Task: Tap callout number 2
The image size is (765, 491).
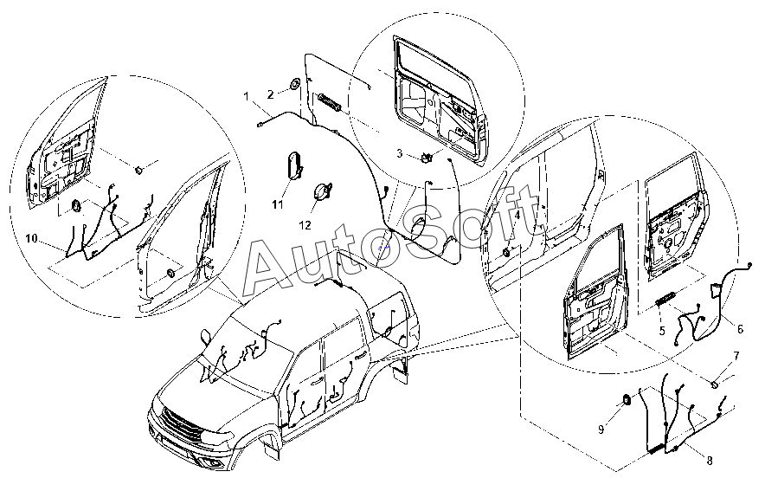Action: (270, 94)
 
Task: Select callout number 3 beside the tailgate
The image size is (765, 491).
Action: (400, 153)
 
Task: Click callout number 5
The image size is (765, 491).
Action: (661, 329)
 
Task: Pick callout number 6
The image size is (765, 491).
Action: (740, 327)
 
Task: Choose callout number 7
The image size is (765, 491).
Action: (736, 356)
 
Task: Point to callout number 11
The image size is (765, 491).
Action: (278, 204)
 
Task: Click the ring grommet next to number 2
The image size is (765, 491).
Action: (295, 85)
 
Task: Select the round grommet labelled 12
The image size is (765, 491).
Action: (324, 191)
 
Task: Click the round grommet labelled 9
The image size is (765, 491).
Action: (624, 399)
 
